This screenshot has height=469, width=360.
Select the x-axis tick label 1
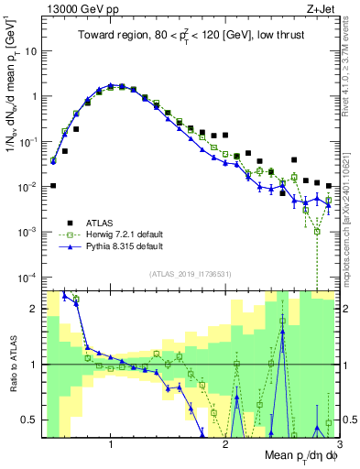[111, 442]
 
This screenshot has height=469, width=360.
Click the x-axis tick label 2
[225, 442]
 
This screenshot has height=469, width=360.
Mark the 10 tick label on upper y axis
[29, 51]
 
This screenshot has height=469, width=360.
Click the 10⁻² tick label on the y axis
[27, 187]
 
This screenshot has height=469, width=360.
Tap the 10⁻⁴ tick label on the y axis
[27, 277]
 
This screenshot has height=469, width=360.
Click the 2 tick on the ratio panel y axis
[33, 309]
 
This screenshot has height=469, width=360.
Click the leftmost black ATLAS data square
[53, 186]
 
